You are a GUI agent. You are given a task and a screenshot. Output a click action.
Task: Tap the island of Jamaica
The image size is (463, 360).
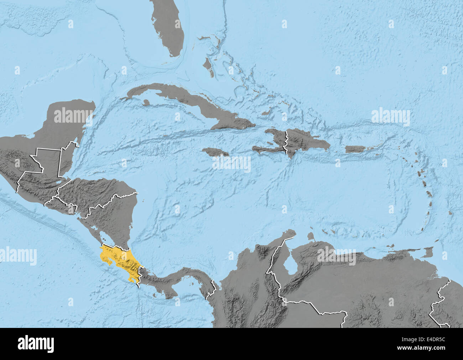coord(215,152)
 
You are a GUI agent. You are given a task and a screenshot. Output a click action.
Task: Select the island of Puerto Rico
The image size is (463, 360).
coord(355,149)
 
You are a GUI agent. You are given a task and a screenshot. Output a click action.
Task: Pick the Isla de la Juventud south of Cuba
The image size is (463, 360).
coord(145,102)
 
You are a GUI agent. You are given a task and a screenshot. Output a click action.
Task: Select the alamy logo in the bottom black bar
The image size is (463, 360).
coord(36,344)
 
